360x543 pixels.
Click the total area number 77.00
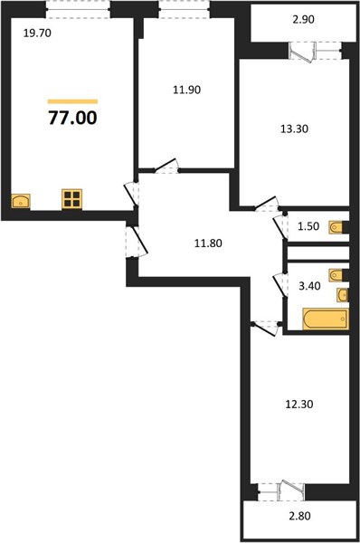tap(72, 117)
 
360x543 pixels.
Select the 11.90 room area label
tap(184, 90)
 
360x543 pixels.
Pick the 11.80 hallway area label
tap(210, 242)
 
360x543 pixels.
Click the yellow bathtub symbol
tap(325, 319)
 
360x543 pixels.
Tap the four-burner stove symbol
tap(72, 199)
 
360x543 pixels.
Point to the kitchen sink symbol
tap(21, 201)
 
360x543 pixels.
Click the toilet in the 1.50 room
tap(336, 226)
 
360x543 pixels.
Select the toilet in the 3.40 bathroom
tap(336, 274)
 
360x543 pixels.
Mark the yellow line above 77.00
tap(72, 100)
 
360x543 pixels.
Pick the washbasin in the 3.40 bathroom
tap(342, 295)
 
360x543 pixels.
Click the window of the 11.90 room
tap(184, 8)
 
